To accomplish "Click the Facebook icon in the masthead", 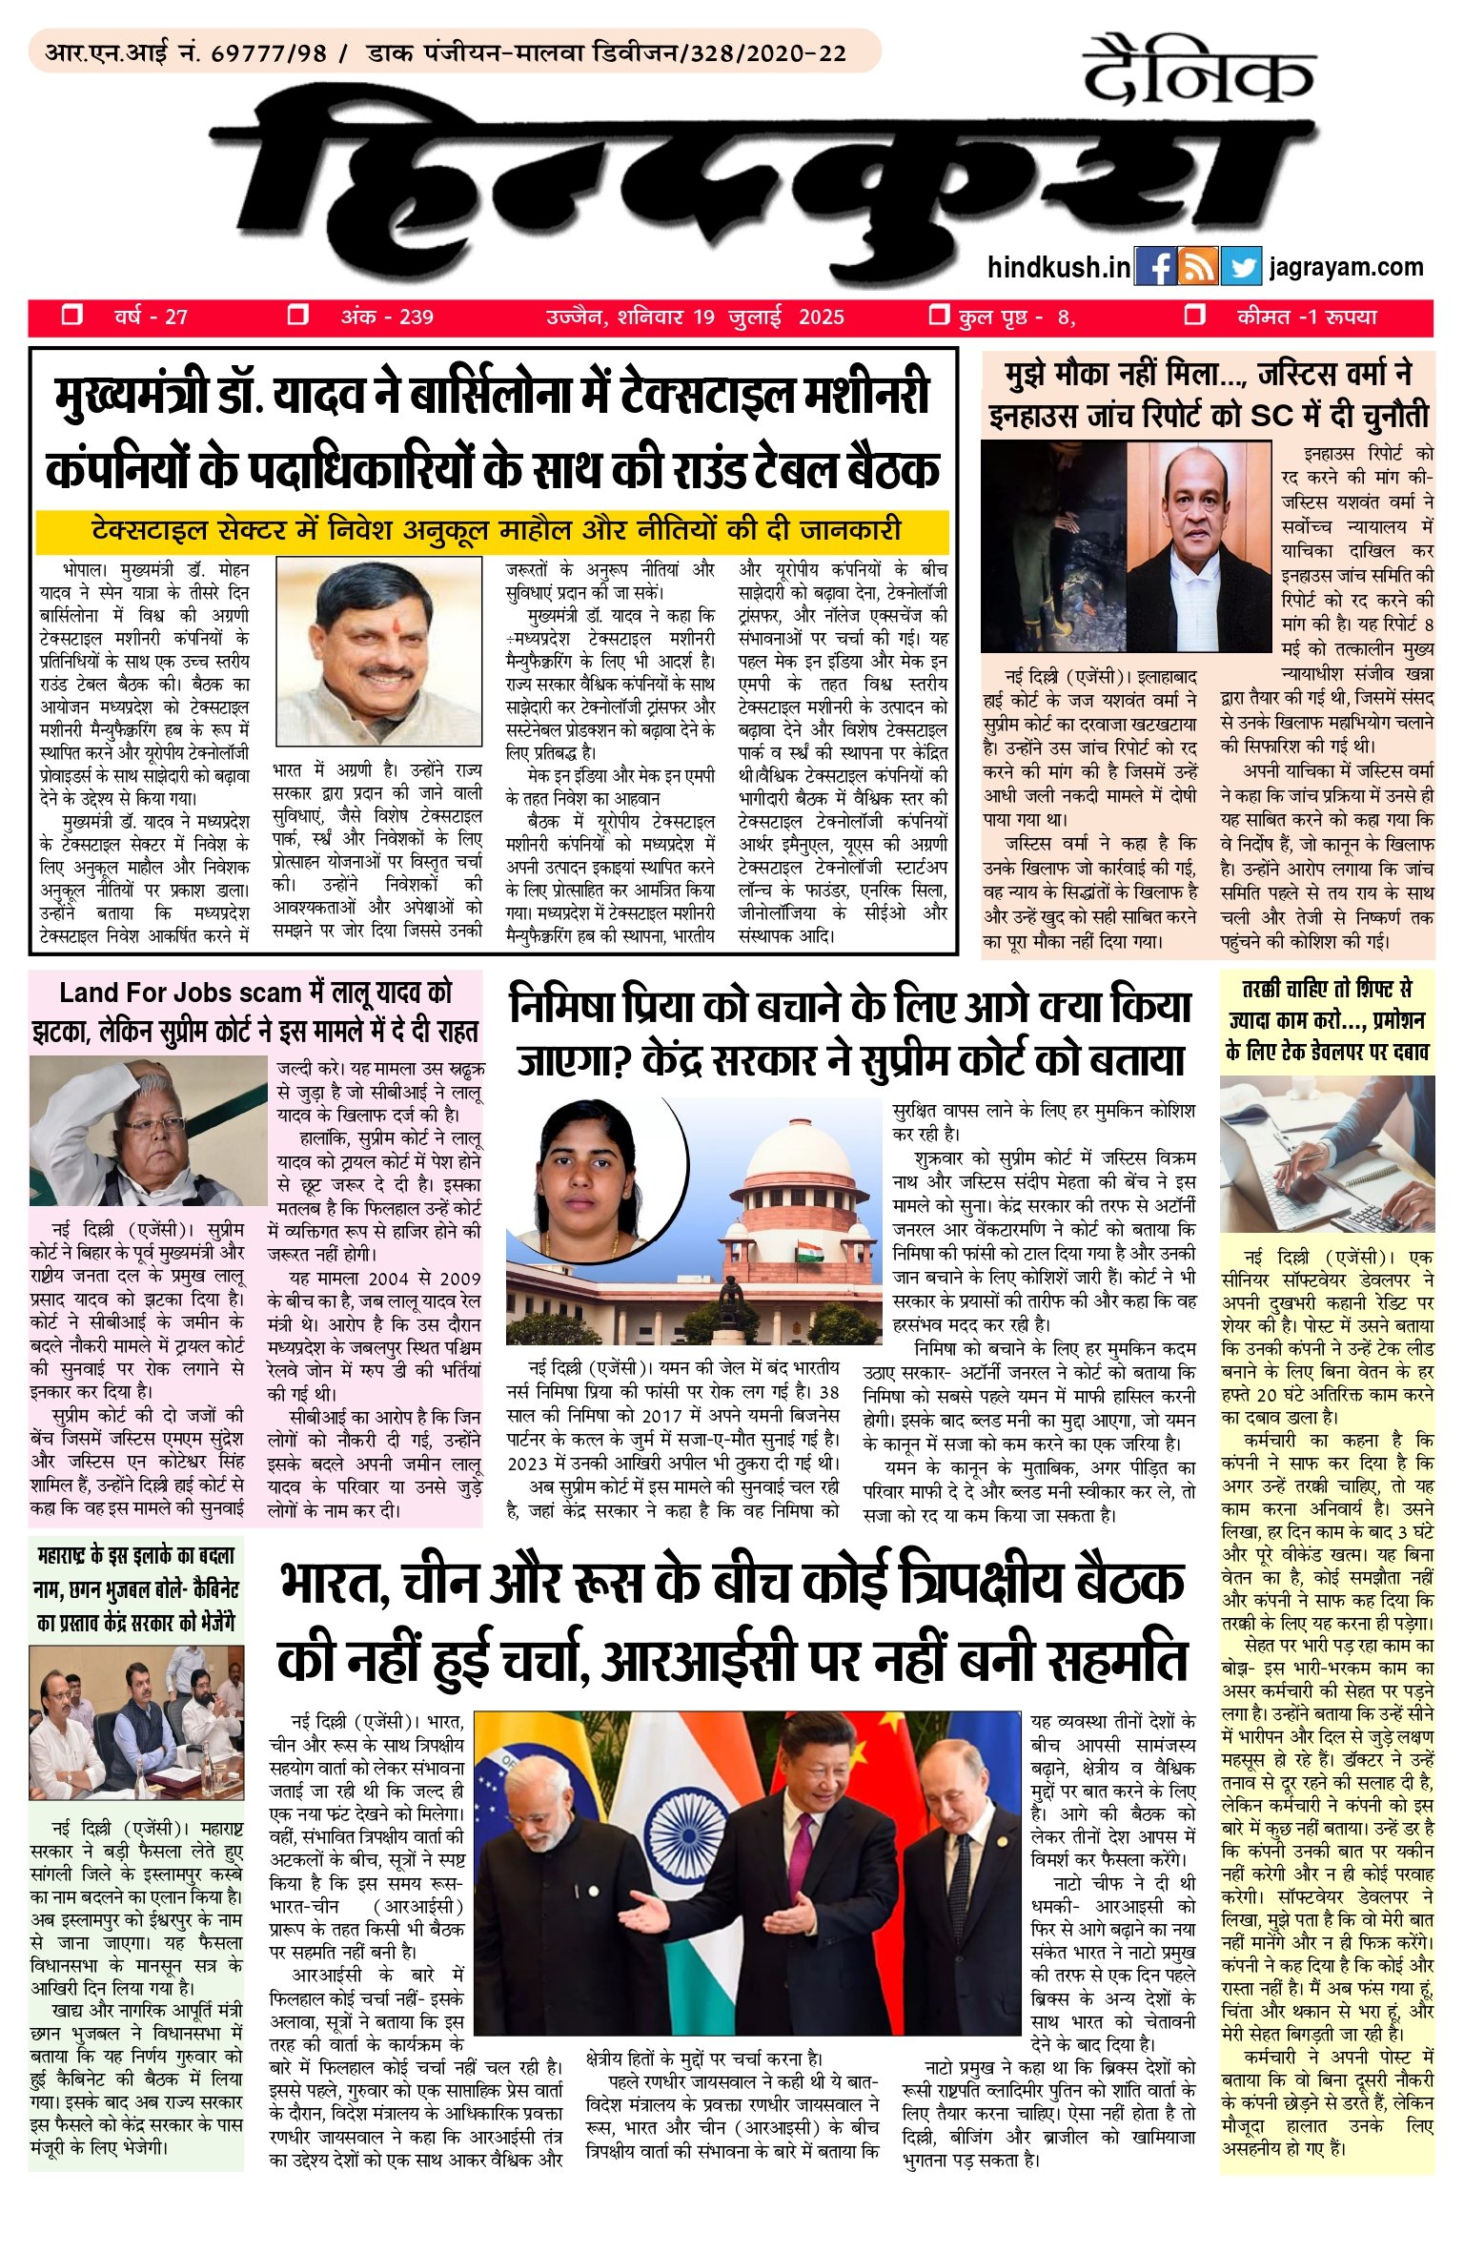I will (1156, 267).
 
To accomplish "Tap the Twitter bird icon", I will (1240, 267).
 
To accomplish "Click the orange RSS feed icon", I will (1198, 267).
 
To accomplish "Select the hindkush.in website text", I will (1059, 267).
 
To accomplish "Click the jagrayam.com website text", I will (1346, 267).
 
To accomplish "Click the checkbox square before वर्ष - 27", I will (71, 316).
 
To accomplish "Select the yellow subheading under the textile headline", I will (494, 531).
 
